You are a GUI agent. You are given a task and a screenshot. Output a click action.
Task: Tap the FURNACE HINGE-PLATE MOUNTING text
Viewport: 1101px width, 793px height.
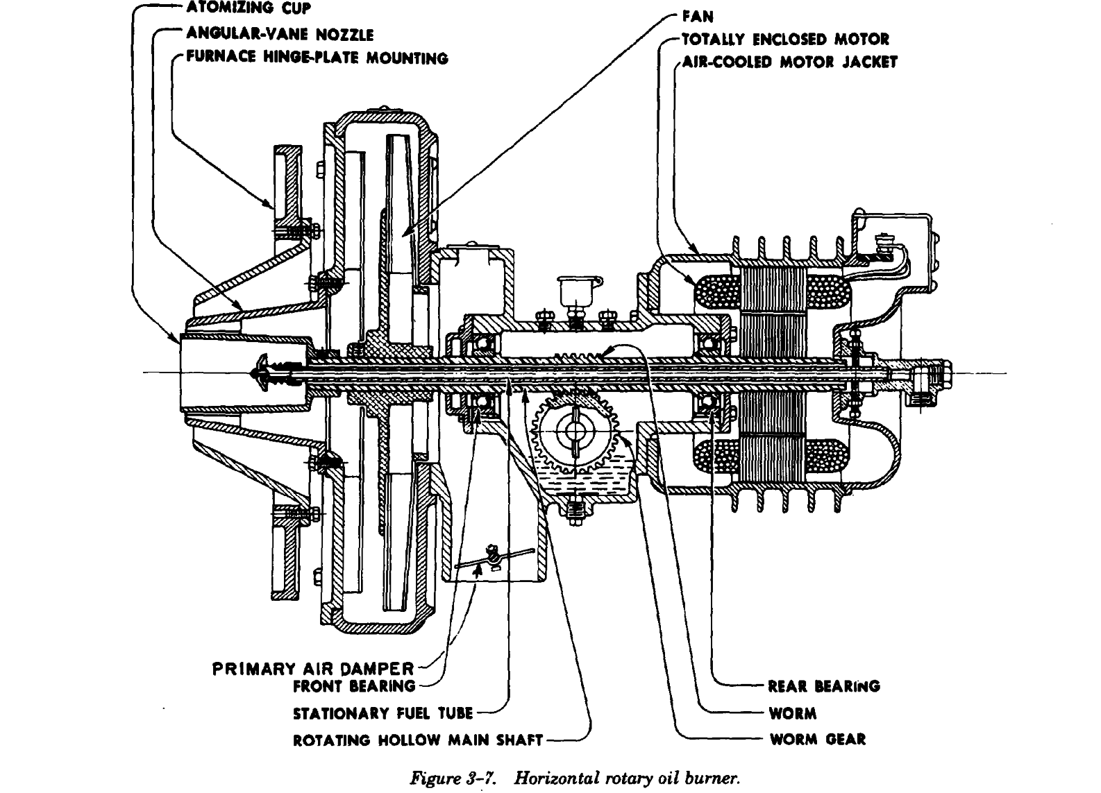(316, 58)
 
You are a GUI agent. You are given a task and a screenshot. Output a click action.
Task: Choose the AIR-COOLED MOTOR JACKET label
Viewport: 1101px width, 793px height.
(790, 62)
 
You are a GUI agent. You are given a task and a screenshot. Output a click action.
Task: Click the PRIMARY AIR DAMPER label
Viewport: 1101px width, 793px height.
(312, 669)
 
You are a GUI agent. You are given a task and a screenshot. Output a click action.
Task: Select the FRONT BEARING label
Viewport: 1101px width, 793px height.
(353, 686)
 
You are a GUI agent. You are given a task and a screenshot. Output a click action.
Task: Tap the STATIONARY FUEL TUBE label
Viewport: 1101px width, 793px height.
(383, 713)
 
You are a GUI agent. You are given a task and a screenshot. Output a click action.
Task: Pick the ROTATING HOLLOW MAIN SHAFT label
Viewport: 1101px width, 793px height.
(418, 740)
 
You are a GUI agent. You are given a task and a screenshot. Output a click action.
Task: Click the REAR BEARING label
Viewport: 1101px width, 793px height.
(824, 686)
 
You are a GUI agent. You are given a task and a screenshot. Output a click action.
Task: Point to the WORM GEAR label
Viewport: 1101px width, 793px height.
(818, 739)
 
